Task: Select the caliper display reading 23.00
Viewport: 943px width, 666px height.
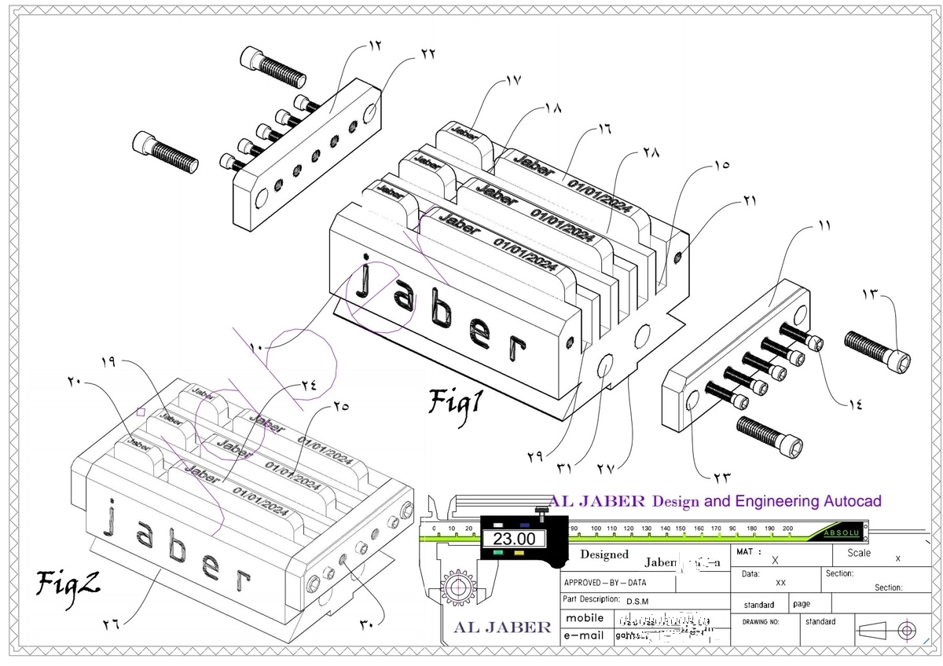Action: tap(513, 538)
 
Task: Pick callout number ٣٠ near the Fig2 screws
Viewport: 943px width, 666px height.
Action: tap(366, 624)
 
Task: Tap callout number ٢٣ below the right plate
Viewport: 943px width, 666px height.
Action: tap(721, 476)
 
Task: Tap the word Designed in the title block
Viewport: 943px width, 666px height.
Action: tap(604, 554)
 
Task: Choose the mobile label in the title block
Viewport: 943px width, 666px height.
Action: tap(585, 617)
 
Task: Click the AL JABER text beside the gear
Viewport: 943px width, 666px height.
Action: tap(503, 627)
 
